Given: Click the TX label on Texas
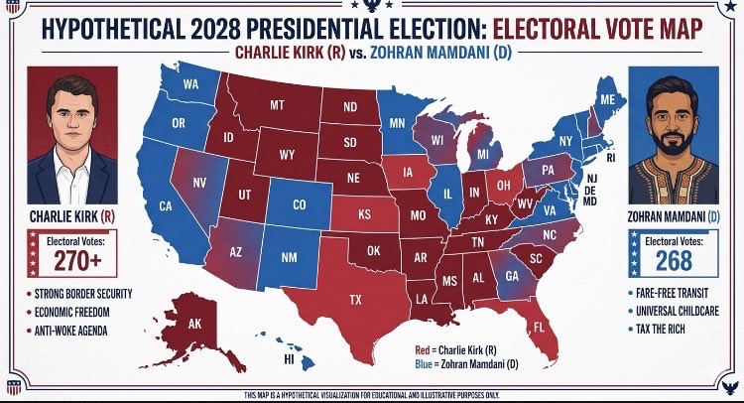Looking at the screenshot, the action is pos(355,300).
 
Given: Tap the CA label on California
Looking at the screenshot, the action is pos(166,206).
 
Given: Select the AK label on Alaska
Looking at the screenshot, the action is pos(194,324).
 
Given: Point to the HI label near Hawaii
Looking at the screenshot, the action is pos(289,359).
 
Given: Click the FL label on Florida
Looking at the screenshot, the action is pos(539,327).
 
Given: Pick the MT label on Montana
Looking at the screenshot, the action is pos(277,105).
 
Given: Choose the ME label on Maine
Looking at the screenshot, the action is pos(607,99).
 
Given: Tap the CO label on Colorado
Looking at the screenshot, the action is pos(300,205).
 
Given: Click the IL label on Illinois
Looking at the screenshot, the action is pos(447,194).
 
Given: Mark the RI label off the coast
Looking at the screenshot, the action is pos(611,158).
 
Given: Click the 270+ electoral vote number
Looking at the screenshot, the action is pos(77,260).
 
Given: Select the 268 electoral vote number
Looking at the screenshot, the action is pos(674,261).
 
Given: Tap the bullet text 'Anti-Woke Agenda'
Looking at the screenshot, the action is pos(70,331).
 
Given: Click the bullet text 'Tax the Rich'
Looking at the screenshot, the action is pos(661,329).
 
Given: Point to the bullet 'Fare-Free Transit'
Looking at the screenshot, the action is pos(672,293).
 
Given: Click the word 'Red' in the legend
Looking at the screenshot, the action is pos(422,350).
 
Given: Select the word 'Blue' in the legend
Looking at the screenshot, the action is pos(424,364).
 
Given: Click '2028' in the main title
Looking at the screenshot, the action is pos(216,29).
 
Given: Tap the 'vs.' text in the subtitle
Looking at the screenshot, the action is pos(358,53).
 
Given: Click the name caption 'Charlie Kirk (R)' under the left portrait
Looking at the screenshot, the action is pos(72,217).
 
